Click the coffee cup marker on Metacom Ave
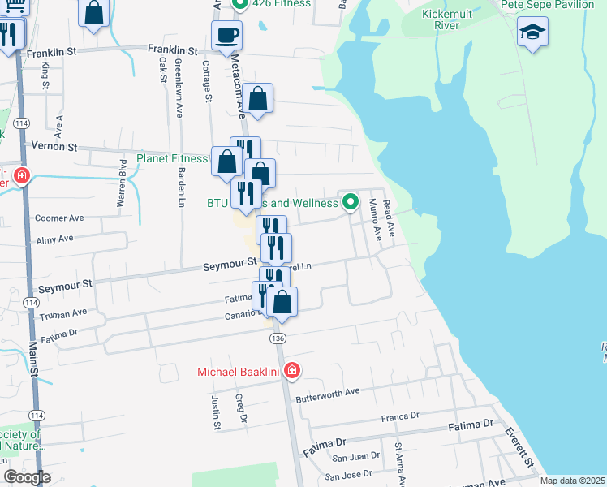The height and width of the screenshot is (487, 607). (x=226, y=36)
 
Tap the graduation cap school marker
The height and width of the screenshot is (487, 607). (x=532, y=33)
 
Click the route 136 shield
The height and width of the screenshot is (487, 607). (x=278, y=338)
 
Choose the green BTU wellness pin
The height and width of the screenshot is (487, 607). (x=351, y=201)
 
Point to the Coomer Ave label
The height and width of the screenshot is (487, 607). (x=60, y=218)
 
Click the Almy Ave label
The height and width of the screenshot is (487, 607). (x=55, y=239)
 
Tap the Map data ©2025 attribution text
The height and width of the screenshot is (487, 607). (x=572, y=481)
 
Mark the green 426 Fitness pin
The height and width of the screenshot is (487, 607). (x=239, y=4)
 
